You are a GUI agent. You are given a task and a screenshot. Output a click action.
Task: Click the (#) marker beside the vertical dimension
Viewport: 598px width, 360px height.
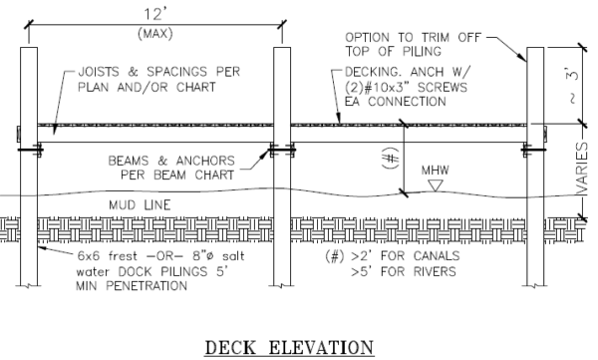391,158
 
